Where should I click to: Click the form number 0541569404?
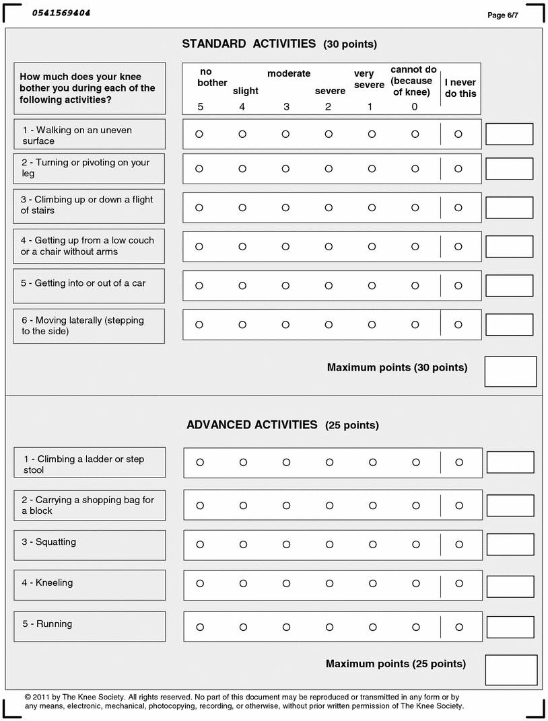pos(61,13)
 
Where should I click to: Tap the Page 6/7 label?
pos(503,15)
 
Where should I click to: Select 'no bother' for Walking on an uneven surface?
pos(199,135)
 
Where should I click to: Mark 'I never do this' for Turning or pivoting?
pos(458,169)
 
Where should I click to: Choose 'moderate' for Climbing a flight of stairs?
pos(285,208)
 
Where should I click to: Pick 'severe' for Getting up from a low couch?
pos(329,247)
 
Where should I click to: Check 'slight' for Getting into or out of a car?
pos(242,286)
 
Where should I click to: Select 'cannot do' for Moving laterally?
pos(415,325)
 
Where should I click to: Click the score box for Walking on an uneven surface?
pos(509,134)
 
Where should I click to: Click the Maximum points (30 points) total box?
pos(510,371)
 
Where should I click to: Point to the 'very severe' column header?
pos(369,79)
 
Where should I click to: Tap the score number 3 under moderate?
pos(286,107)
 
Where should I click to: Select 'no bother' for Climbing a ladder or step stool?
pos(200,463)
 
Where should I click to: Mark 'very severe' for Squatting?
pos(373,545)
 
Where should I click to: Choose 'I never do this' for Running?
pos(459,628)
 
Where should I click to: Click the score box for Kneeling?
pos(510,586)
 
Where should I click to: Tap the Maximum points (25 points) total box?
pos(511,670)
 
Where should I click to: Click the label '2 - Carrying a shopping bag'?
pos(88,505)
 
